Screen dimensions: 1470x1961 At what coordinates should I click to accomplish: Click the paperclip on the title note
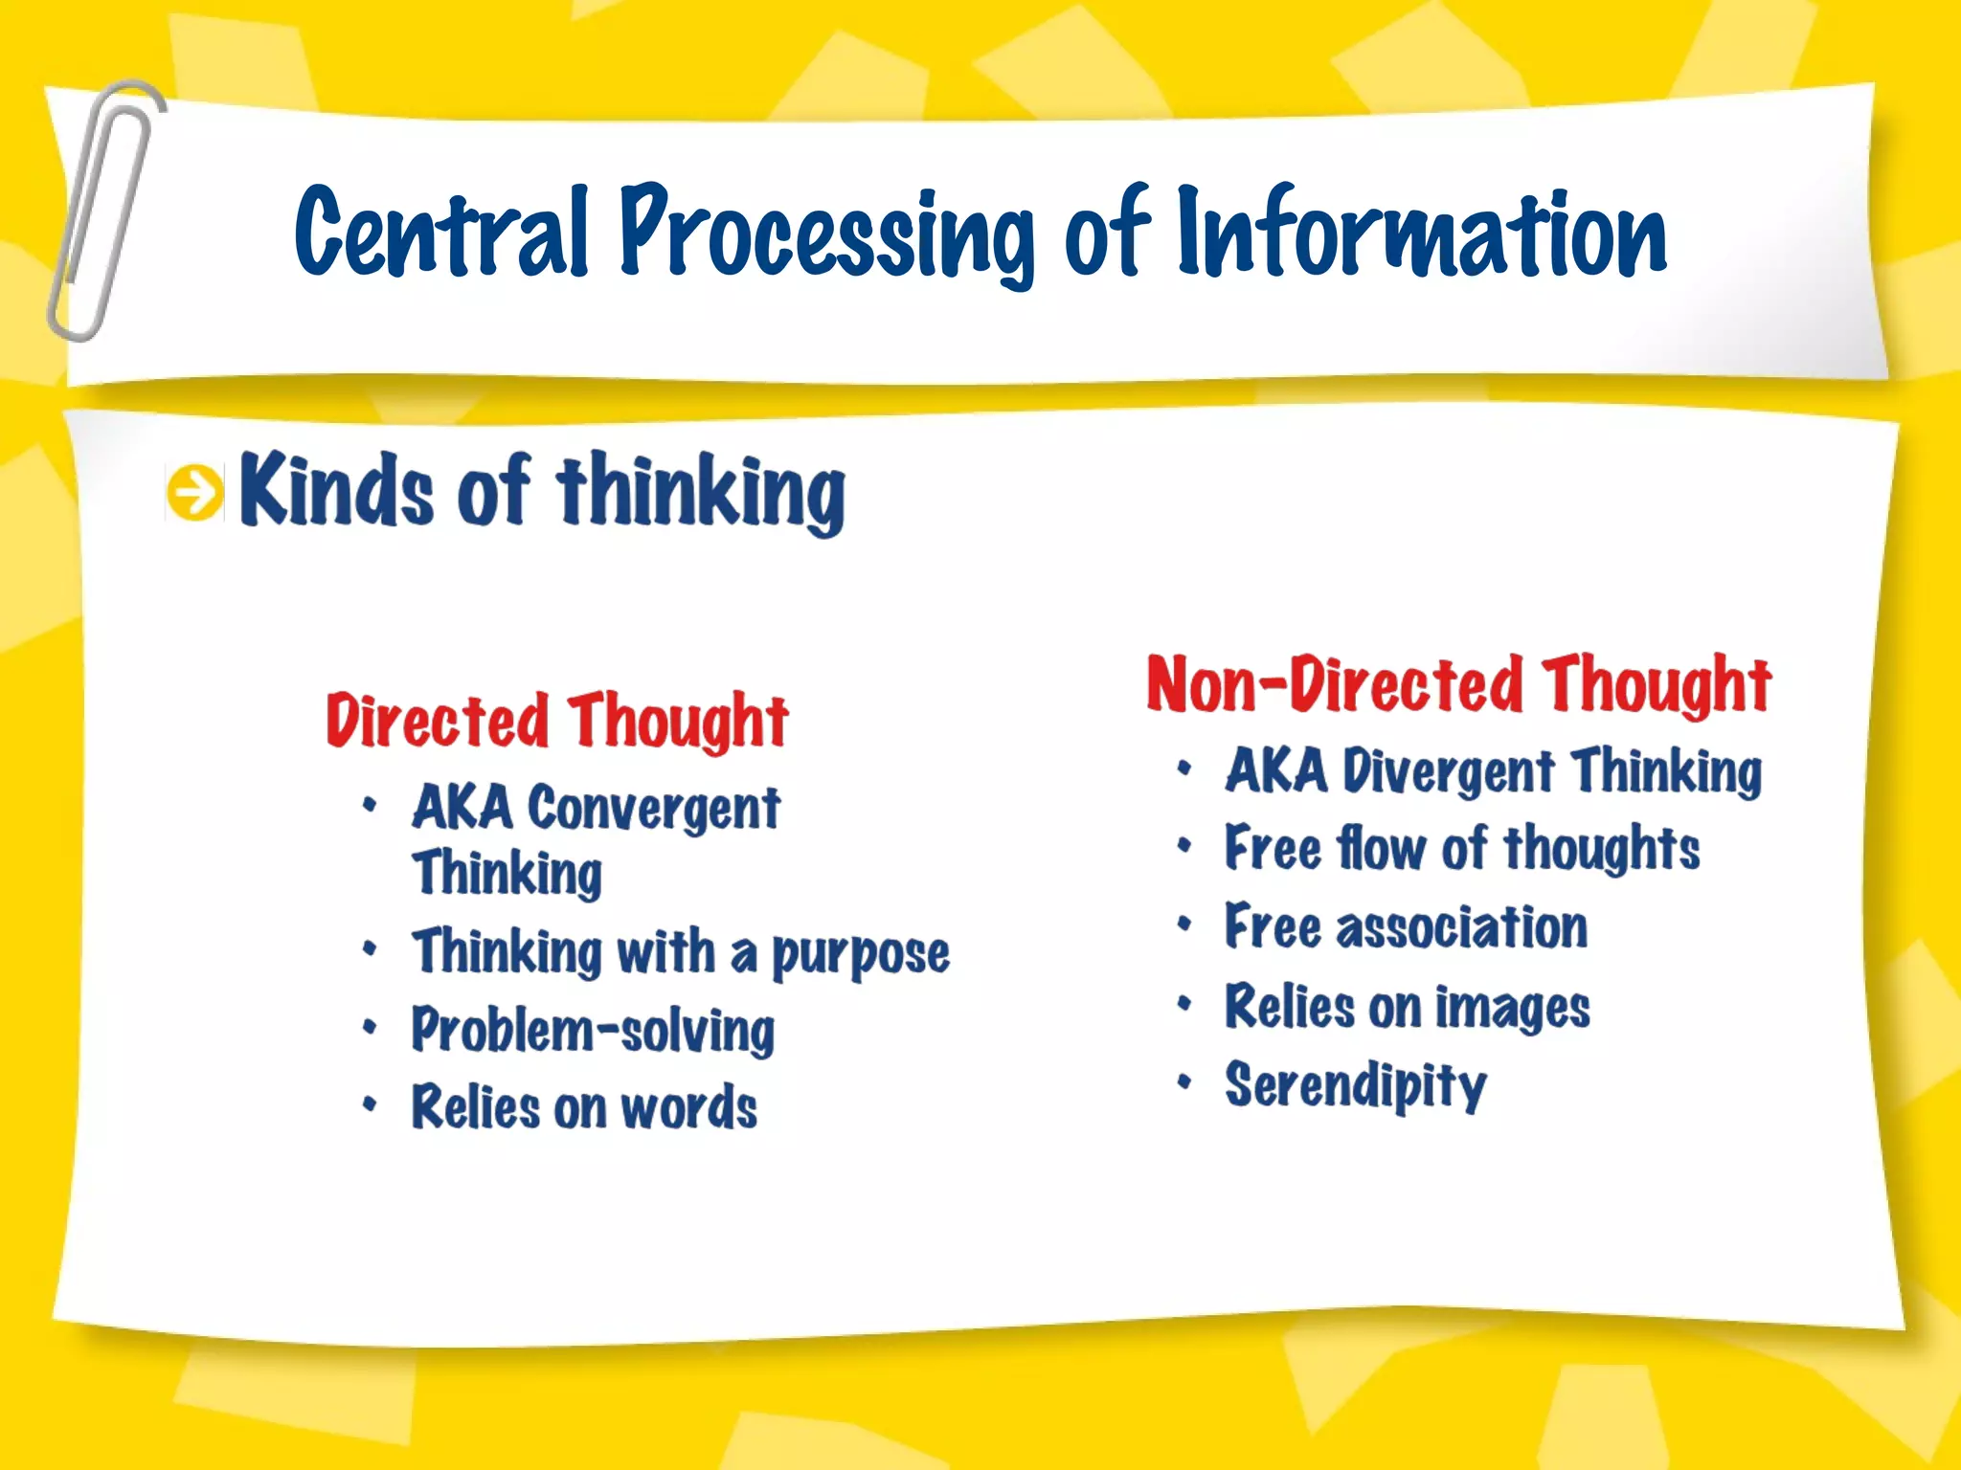pyautogui.click(x=103, y=211)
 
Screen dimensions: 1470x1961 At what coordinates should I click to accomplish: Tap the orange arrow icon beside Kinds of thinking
pyautogui.click(x=195, y=494)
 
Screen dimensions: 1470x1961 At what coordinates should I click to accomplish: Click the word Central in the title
pyautogui.click(x=441, y=233)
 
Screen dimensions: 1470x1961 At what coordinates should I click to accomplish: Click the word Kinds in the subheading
pyautogui.click(x=335, y=490)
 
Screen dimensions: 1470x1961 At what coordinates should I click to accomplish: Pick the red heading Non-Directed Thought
pyautogui.click(x=1458, y=685)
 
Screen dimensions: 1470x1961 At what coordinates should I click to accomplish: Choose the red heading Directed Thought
pyautogui.click(x=556, y=722)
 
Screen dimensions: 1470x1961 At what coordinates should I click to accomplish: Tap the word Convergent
pyautogui.click(x=654, y=810)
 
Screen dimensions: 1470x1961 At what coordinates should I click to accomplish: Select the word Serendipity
pyautogui.click(x=1355, y=1086)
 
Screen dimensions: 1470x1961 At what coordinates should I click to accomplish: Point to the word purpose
pyautogui.click(x=860, y=955)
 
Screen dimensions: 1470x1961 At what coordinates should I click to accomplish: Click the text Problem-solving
pyautogui.click(x=593, y=1032)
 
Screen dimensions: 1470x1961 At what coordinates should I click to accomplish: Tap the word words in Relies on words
pyautogui.click(x=688, y=1108)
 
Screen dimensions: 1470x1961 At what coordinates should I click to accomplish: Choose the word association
pyautogui.click(x=1461, y=928)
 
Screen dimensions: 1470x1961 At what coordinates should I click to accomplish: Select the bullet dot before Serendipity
pyautogui.click(x=1184, y=1082)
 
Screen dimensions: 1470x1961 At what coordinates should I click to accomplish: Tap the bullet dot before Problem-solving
pyautogui.click(x=370, y=1028)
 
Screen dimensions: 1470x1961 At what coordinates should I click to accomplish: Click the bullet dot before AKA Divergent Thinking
pyautogui.click(x=1184, y=768)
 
